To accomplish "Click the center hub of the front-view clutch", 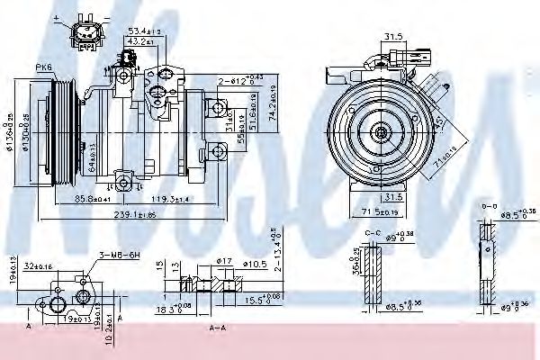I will point(382,134).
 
